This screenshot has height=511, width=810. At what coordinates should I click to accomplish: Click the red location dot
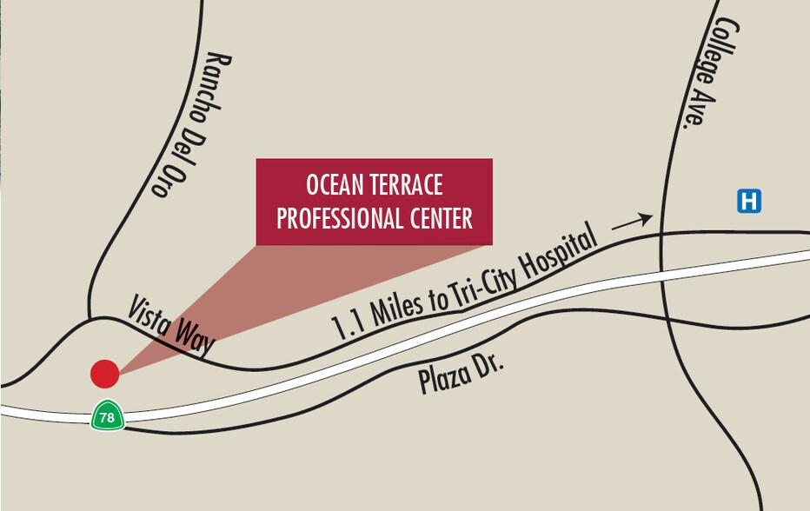point(105,374)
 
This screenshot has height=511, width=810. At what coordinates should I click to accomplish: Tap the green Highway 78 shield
point(107,416)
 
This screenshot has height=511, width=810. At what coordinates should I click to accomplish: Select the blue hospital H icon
point(749,201)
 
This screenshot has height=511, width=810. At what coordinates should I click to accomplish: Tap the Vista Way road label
point(171,324)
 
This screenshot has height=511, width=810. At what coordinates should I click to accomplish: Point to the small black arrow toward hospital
point(632,222)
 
